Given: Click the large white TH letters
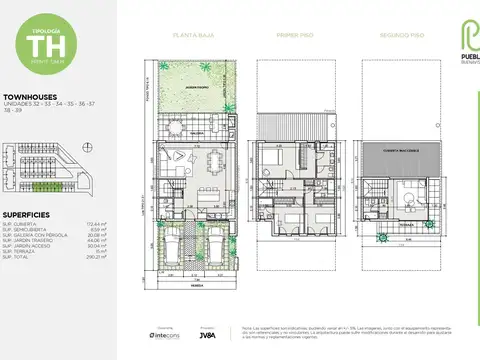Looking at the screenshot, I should click(42, 44).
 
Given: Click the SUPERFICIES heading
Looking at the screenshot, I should click(29, 213).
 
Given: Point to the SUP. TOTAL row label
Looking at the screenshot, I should click(21, 257).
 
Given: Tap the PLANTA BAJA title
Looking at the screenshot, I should click(190, 35).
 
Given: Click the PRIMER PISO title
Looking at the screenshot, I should click(294, 35).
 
